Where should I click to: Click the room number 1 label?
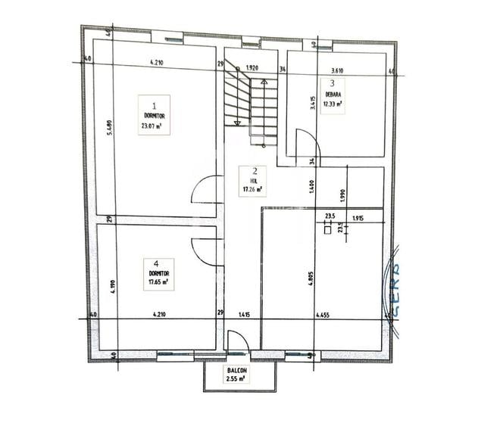pyautogui.click(x=155, y=106)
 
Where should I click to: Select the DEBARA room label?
pyautogui.click(x=331, y=95)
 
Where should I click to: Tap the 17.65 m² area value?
pyautogui.click(x=158, y=281)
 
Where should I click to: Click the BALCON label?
pyautogui.click(x=235, y=370)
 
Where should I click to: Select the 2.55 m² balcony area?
pyautogui.click(x=236, y=378)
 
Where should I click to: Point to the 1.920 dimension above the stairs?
pyautogui.click(x=253, y=68)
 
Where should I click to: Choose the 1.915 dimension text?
pyautogui.click(x=358, y=219)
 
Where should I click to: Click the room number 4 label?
pyautogui.click(x=155, y=263)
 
